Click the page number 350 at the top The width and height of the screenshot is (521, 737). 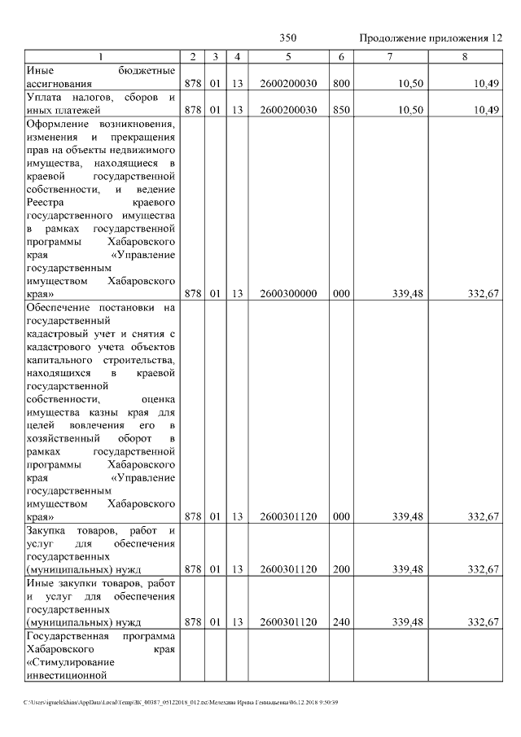point(288,38)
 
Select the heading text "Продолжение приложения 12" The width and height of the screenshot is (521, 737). point(431,38)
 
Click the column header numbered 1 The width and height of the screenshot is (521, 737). point(101,56)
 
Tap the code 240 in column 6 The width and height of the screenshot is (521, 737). point(341,622)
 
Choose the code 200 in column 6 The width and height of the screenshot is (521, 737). point(341,569)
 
